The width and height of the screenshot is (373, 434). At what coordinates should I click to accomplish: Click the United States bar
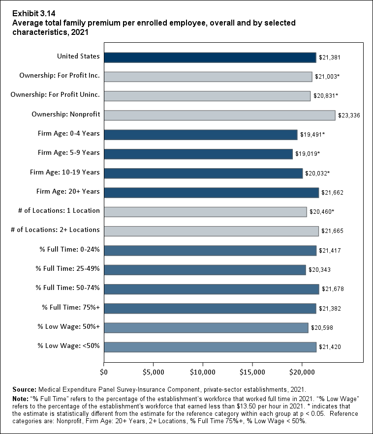pyautogui.click(x=210, y=58)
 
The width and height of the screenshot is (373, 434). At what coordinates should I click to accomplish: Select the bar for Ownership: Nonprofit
pyautogui.click(x=219, y=115)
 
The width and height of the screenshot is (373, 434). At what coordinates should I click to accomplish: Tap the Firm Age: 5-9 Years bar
pyautogui.click(x=198, y=154)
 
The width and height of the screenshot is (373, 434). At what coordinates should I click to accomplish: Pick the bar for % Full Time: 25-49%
pyautogui.click(x=205, y=269)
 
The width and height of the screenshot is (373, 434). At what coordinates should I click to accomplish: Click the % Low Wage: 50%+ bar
pyautogui.click(x=206, y=327)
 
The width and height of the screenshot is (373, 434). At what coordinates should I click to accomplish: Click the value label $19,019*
pyautogui.click(x=308, y=154)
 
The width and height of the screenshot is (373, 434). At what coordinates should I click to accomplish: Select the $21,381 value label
pyautogui.click(x=329, y=58)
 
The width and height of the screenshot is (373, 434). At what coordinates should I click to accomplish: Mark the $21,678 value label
pyautogui.click(x=332, y=289)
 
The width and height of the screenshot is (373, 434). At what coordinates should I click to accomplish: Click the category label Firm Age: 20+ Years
pyautogui.click(x=68, y=191)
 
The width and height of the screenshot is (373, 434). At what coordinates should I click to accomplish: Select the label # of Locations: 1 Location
pyautogui.click(x=59, y=210)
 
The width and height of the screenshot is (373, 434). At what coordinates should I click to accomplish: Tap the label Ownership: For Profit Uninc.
pyautogui.click(x=55, y=95)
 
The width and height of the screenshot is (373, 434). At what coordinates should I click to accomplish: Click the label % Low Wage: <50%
pyautogui.click(x=69, y=346)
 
